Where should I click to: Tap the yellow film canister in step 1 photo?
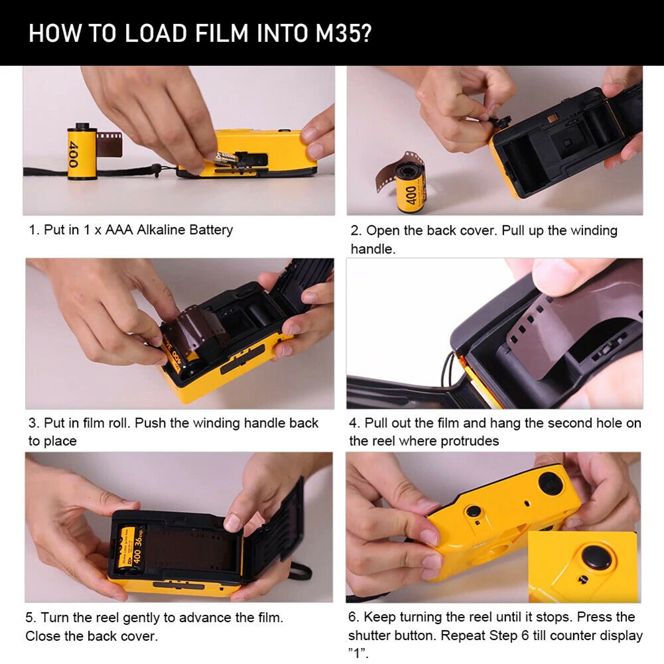point(82,152)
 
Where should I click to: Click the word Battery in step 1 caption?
point(211,230)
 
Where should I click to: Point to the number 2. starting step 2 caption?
point(356,231)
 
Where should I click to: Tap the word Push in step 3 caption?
point(151,423)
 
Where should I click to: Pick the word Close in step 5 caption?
point(43,636)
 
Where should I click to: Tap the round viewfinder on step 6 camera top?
point(550,482)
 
